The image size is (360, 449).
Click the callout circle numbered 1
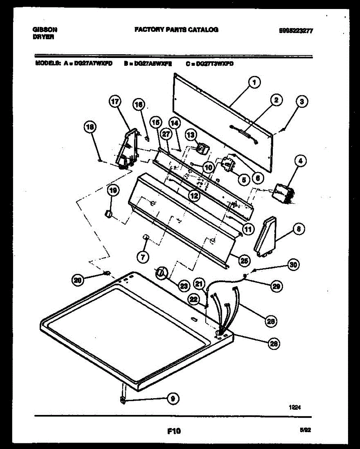pos(254,82)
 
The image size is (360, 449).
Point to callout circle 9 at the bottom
pos(172,399)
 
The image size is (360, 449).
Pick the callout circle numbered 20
pos(78,280)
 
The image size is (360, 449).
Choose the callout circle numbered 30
pos(294,265)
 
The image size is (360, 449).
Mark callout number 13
pos(191,135)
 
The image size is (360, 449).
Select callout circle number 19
pos(113,191)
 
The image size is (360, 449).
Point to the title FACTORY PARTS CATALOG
pos(176,30)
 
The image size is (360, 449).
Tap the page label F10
pos(174,431)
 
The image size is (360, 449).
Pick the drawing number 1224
pos(295,409)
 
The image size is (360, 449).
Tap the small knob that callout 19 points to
pos(108,214)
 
